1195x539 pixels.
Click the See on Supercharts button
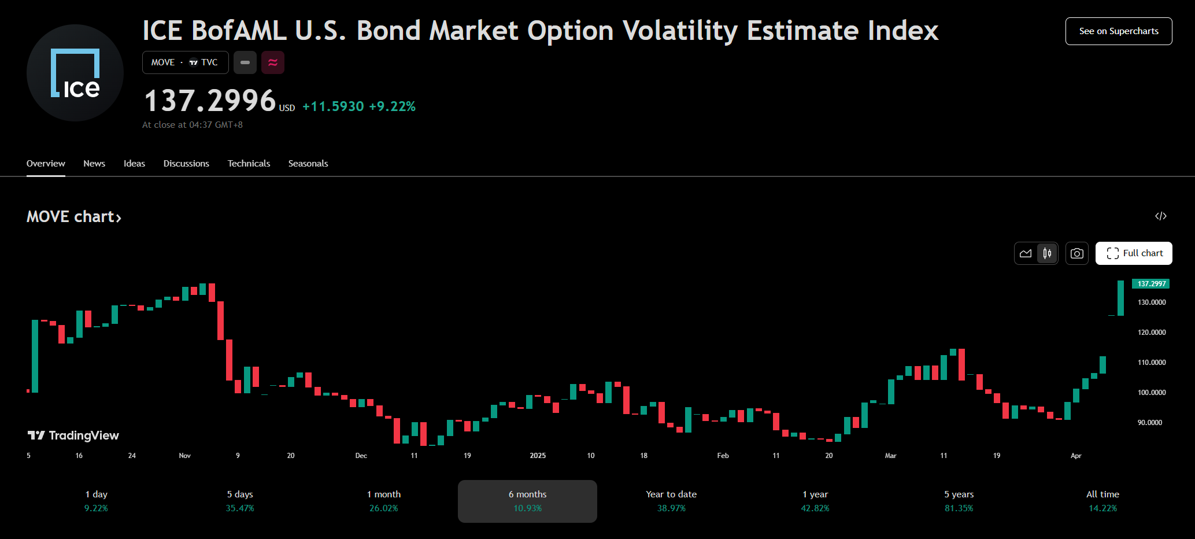pos(1118,31)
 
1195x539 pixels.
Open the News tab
pos(94,164)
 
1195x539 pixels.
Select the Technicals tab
pos(249,164)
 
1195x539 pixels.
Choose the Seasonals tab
pos(308,164)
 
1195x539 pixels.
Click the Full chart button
pos(1133,253)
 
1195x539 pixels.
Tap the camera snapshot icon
pos(1076,253)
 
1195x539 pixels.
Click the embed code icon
pos(1160,216)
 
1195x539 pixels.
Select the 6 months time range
pos(527,501)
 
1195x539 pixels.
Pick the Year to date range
pos(671,501)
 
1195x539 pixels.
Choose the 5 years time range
pos(959,501)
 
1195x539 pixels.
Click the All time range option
pos(1102,501)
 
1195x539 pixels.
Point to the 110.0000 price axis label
pos(1152,363)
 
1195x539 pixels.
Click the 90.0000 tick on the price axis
pos(1150,423)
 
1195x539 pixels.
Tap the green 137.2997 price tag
pos(1151,284)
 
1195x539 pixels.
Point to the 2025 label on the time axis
pos(538,456)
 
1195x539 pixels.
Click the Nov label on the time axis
pos(184,456)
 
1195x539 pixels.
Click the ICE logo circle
pos(75,73)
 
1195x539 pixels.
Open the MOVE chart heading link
pos(73,217)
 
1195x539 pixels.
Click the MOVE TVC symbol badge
pos(185,62)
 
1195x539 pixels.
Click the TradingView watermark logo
pos(73,435)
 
